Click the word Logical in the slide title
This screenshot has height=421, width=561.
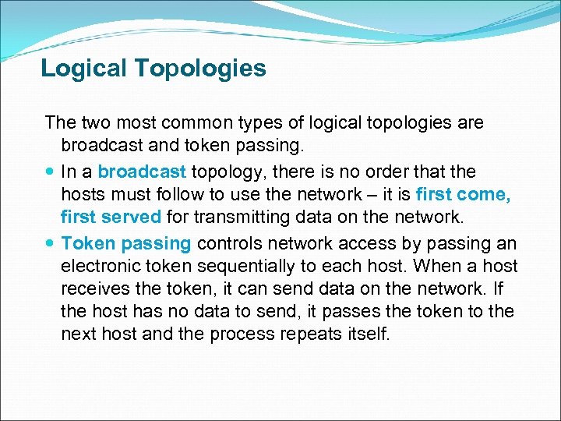coord(84,69)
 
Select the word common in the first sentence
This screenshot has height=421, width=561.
coord(192,122)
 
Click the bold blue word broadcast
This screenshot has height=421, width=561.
coord(142,171)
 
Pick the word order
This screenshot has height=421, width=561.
coord(403,171)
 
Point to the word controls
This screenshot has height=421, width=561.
coord(229,243)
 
